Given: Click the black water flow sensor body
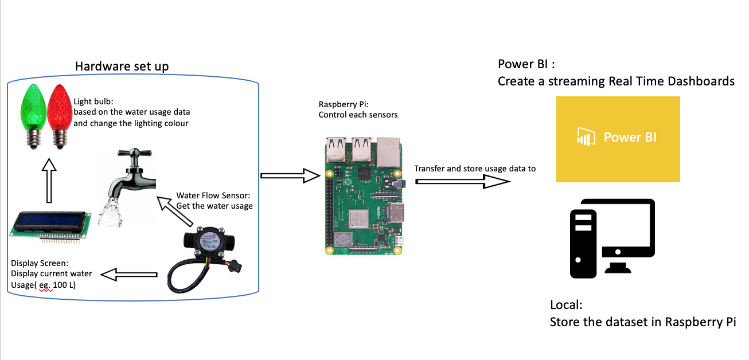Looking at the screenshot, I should [x=203, y=243].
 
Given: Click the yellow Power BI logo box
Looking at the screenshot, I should [x=618, y=139].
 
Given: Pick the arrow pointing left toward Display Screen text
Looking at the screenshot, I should [x=132, y=276].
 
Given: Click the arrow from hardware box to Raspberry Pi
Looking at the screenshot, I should [x=289, y=175].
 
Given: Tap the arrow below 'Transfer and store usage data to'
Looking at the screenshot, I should [x=462, y=181].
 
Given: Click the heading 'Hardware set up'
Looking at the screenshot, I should [x=122, y=66].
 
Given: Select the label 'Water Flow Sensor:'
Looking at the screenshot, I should [x=213, y=195].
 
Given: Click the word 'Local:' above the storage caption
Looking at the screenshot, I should [x=566, y=305].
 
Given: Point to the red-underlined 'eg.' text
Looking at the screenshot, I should [x=46, y=285].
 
